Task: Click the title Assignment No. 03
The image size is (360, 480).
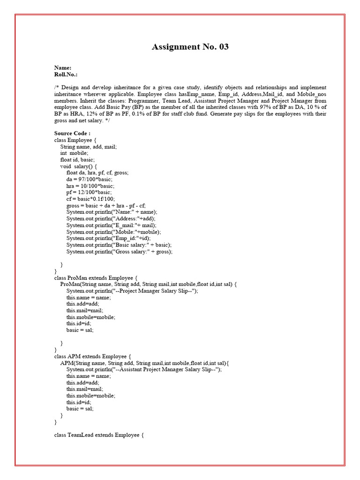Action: point(190,47)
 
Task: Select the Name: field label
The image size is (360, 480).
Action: point(63,67)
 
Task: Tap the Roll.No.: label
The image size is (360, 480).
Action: point(66,74)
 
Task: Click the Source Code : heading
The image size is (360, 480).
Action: point(72,133)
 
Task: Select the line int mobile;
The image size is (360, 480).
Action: point(74,153)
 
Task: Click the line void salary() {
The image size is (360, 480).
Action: point(78,166)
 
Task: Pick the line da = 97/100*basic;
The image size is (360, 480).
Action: point(89,179)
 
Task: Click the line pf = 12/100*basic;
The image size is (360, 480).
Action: point(89,192)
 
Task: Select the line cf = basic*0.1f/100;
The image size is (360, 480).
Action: point(90,199)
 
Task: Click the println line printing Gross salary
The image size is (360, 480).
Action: point(119,251)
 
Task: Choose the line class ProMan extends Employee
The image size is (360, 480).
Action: point(96,277)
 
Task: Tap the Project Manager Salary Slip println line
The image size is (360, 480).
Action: point(132,291)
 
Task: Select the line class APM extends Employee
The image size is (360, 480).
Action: point(92,356)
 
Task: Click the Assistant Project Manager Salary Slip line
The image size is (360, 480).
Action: point(144,369)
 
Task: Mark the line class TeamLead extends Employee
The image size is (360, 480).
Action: point(98,435)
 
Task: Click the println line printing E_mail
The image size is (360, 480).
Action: point(111,225)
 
